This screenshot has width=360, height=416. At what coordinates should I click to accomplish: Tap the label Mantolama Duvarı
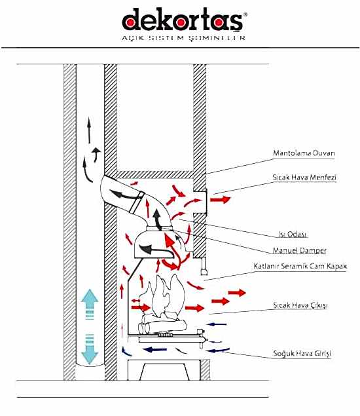pyautogui.click(x=304, y=153)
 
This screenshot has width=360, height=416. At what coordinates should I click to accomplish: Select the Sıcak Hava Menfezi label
pyautogui.click(x=304, y=178)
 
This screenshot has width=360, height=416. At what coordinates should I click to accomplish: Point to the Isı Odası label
pyautogui.click(x=293, y=235)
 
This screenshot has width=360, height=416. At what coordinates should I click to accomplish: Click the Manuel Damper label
pyautogui.click(x=299, y=250)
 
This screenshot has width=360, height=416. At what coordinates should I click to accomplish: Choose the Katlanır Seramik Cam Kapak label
pyautogui.click(x=300, y=266)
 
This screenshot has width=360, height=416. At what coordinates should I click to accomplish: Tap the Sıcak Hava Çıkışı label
pyautogui.click(x=300, y=305)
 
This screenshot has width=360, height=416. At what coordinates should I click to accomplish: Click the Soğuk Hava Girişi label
pyautogui.click(x=302, y=353)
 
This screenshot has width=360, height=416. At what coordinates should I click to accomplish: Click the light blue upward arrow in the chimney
pyautogui.click(x=90, y=304)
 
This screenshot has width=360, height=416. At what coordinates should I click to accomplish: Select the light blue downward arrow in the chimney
pyautogui.click(x=90, y=349)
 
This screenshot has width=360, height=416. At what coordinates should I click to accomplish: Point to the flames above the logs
pyautogui.click(x=163, y=295)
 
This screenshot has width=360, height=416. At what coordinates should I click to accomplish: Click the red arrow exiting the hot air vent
pyautogui.click(x=220, y=199)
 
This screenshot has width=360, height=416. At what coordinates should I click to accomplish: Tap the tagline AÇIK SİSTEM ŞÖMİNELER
pyautogui.click(x=183, y=38)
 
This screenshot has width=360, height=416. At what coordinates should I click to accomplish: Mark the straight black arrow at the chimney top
pyautogui.click(x=89, y=130)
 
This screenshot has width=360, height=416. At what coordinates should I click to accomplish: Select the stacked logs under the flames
pyautogui.click(x=162, y=324)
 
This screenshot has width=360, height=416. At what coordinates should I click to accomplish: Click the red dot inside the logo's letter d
pyautogui.click(x=130, y=23)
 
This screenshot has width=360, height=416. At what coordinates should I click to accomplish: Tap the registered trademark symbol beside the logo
pyautogui.click(x=245, y=14)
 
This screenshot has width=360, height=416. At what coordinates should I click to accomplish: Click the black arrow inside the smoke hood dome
pyautogui.click(x=156, y=250)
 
